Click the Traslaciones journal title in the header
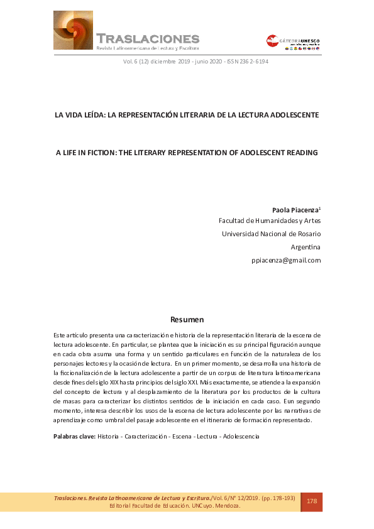click(148, 38)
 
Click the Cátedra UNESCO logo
click(293, 43)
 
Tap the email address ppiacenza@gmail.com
click(286, 260)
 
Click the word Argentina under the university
click(305, 247)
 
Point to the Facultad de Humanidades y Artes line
click(269, 221)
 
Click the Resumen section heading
click(187, 319)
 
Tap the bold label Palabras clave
click(74, 436)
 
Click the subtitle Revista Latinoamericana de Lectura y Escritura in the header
click(147, 48)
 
